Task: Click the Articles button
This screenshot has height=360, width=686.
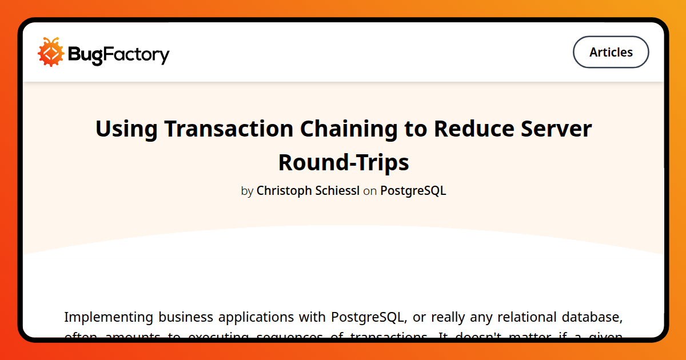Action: click(x=611, y=52)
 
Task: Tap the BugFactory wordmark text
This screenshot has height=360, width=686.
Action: click(x=119, y=55)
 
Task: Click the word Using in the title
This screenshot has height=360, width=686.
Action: click(x=126, y=129)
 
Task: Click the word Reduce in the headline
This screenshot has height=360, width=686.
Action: click(x=474, y=129)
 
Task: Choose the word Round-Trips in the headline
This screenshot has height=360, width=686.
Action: click(x=344, y=163)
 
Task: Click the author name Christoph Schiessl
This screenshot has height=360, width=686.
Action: click(x=308, y=191)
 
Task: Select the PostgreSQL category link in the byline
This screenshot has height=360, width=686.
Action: click(x=413, y=191)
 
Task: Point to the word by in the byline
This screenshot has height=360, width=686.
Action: click(x=247, y=191)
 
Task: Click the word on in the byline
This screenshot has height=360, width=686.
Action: click(x=370, y=191)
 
